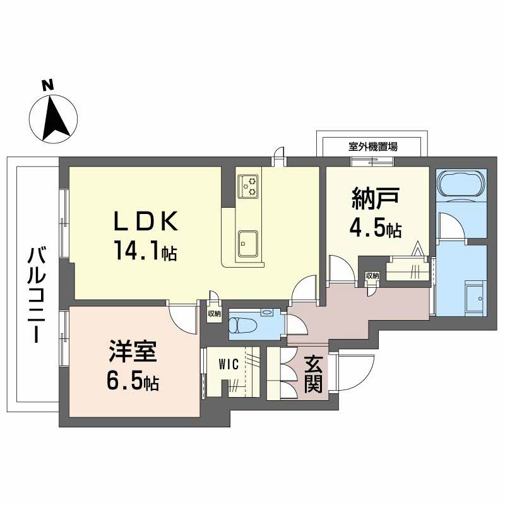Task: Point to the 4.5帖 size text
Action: pos(376,228)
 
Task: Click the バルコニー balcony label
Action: pos(37,295)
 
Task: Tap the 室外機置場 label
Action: pos(372,146)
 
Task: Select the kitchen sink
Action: pos(247,241)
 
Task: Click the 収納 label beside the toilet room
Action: pos(213,313)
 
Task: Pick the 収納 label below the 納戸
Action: pos(372,275)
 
